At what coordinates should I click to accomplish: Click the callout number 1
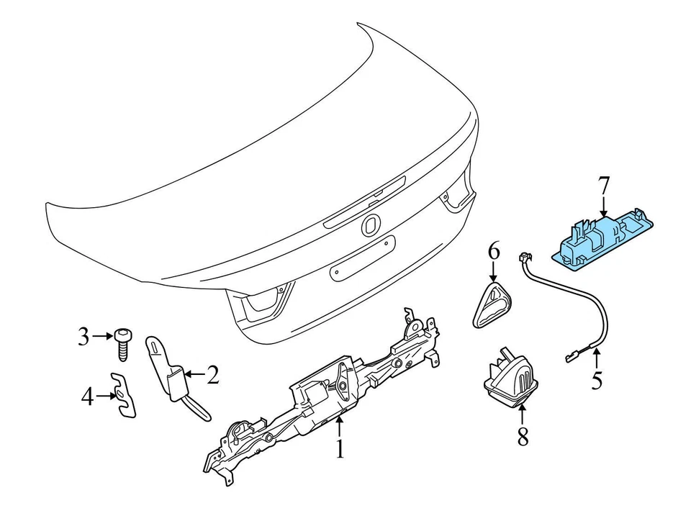[x=340, y=450]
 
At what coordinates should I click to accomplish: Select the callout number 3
[x=84, y=335]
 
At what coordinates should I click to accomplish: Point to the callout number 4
[x=87, y=396]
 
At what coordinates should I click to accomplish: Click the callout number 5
[x=596, y=379]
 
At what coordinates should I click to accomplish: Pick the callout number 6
[x=493, y=251]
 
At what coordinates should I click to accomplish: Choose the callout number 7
[x=603, y=186]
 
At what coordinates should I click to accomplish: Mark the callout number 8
[x=523, y=435]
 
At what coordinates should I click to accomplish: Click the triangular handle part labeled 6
[x=492, y=306]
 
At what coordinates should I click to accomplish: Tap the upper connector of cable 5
[x=523, y=258]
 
